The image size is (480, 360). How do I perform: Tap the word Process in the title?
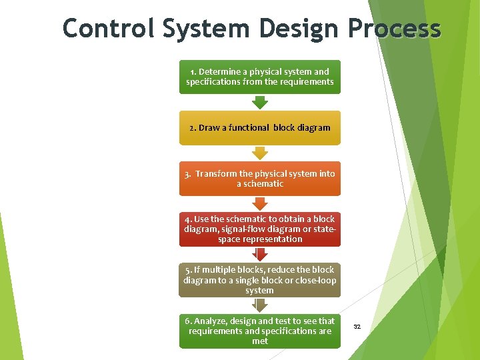[393, 29]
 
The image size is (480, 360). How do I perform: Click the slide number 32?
[357, 327]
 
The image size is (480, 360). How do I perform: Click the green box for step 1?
[259, 77]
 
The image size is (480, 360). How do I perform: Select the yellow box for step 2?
[259, 127]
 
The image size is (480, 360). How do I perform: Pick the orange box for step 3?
[259, 178]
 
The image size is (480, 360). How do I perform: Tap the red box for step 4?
[259, 229]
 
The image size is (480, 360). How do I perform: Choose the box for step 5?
[259, 280]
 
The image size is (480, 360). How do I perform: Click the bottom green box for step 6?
[259, 331]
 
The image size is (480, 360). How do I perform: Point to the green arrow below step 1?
[259, 102]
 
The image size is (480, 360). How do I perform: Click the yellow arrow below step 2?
[259, 153]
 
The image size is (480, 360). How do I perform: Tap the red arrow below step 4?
[259, 254]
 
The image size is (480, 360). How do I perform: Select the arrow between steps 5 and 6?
[259, 305]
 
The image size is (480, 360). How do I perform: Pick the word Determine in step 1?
[220, 71]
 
